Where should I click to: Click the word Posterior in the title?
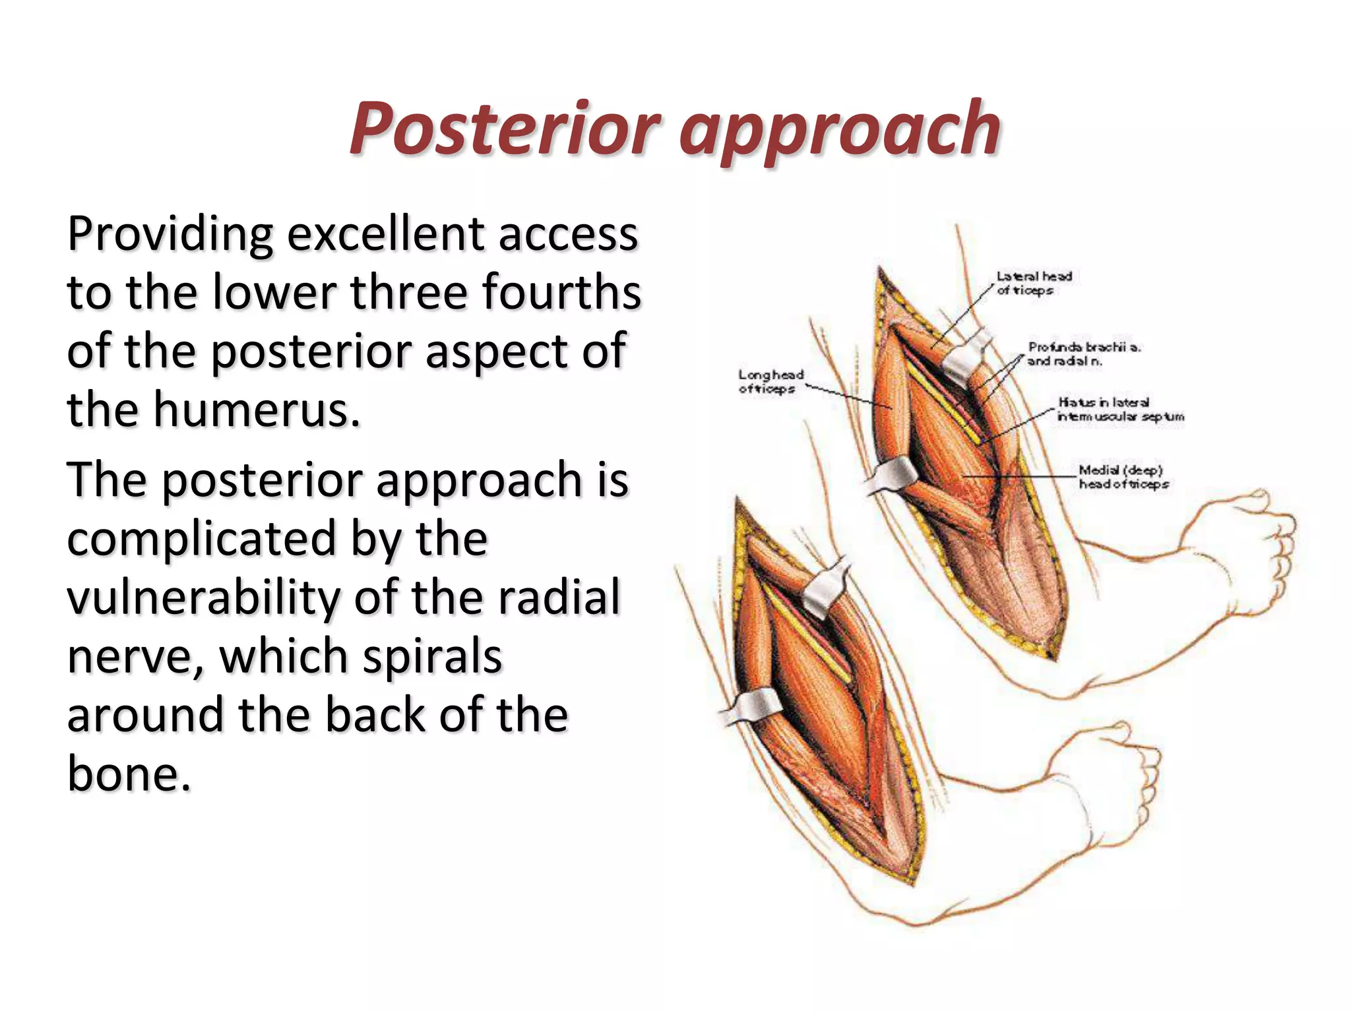tap(505, 129)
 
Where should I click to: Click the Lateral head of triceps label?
tap(1034, 283)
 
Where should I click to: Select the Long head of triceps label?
tap(770, 381)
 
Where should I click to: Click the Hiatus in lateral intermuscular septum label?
tap(1119, 409)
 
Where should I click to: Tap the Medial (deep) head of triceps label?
tap(1122, 477)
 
